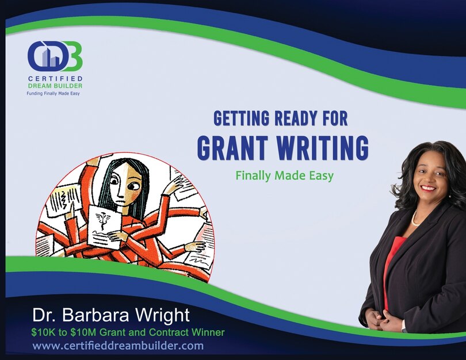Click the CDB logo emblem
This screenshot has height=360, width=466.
pos(55,56)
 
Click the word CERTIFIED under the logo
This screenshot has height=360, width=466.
pos(55,78)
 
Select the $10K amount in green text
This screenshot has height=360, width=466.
pos(43,332)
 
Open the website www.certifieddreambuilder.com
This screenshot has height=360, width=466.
pos(118,346)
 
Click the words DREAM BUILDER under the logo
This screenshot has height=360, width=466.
pos(55,86)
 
